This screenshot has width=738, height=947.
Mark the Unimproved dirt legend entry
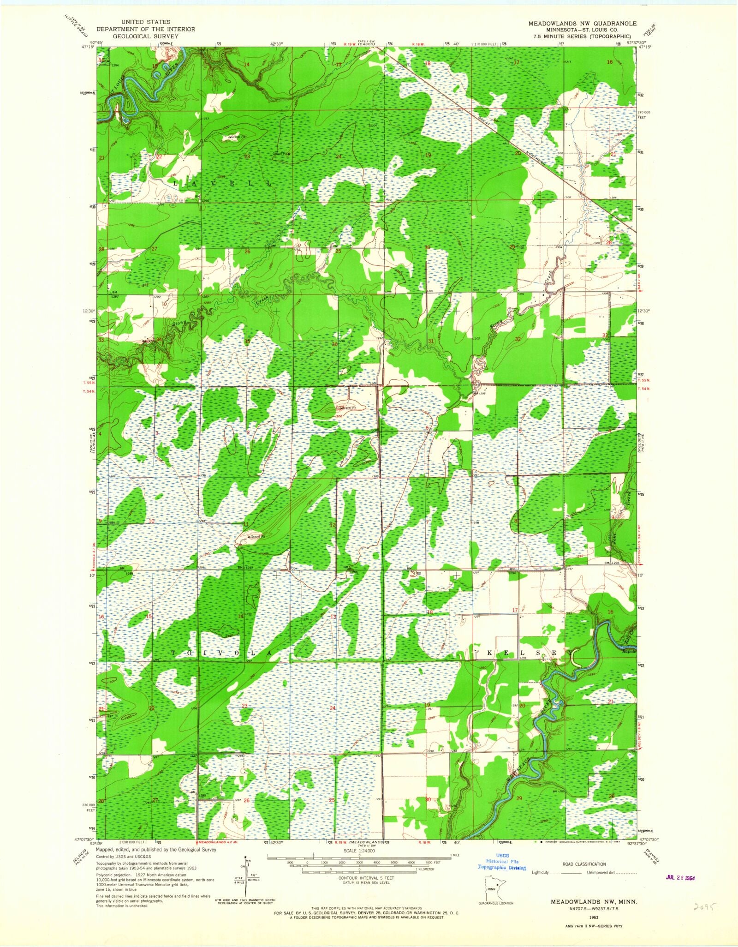click(603, 873)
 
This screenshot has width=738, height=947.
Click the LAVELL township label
click(222, 183)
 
